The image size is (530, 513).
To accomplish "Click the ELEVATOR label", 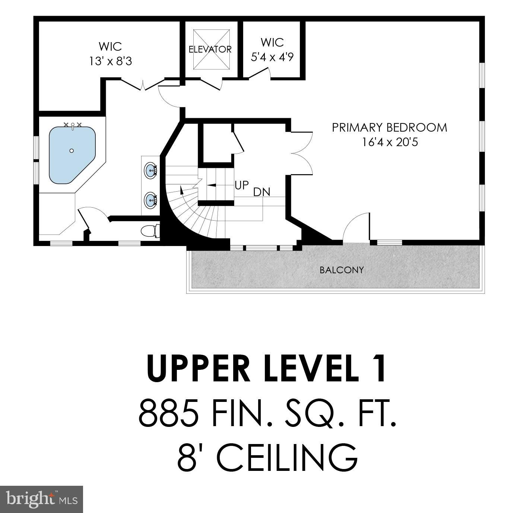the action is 210,49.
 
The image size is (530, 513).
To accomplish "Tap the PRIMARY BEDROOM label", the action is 389,128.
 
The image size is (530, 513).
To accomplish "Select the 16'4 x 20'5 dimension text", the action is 390,142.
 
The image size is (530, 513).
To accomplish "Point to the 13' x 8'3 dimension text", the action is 110,61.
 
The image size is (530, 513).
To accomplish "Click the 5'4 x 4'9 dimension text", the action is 272,57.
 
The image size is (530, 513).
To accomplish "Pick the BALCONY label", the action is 342,270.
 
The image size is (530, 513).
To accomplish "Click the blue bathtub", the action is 72,155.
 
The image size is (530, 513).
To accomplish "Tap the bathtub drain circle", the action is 72,151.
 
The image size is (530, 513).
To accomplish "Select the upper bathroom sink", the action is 151,170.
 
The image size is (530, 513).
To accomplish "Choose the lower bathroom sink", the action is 151,200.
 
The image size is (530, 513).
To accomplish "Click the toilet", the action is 150,231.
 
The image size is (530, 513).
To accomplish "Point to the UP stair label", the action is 242,185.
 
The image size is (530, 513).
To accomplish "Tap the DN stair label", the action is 261,192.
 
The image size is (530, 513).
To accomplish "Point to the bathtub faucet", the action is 73,125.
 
